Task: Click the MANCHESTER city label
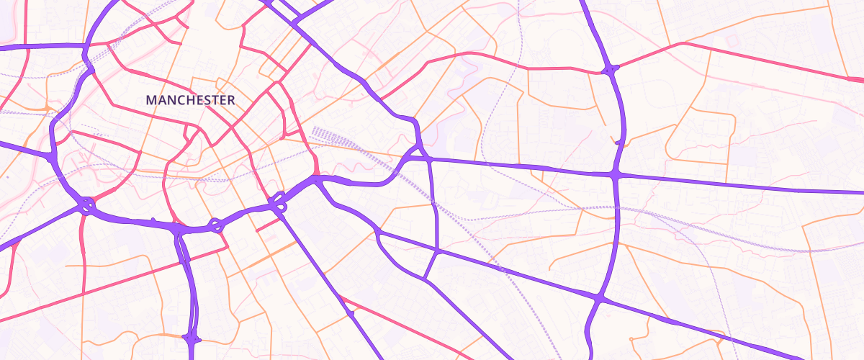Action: [x=190, y=100]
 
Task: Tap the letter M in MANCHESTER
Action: [x=151, y=100]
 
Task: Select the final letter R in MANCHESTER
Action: [x=230, y=100]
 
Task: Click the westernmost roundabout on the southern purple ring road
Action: [x=86, y=206]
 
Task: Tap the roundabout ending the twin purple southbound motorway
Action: [x=192, y=338]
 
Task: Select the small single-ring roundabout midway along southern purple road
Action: [x=215, y=225]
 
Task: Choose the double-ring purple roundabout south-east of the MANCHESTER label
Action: [x=279, y=202]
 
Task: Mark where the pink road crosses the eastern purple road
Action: [x=611, y=70]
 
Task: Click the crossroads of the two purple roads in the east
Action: [x=616, y=174]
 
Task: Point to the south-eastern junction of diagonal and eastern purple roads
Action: [x=598, y=297]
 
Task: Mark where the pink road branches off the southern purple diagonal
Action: [x=351, y=313]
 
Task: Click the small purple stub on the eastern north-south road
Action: [x=618, y=142]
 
